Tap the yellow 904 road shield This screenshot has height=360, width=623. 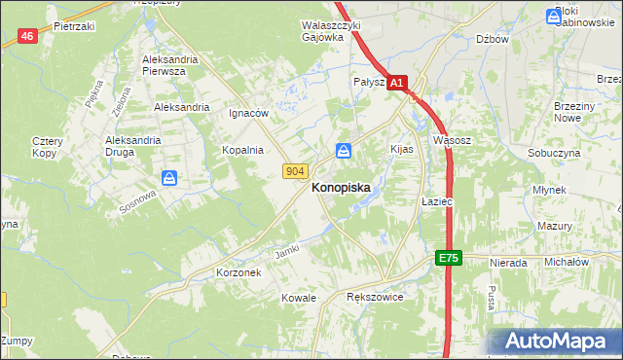(297, 171)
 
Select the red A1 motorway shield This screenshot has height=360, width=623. (396, 85)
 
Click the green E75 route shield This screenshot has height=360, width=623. (447, 258)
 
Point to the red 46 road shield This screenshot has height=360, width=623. (27, 36)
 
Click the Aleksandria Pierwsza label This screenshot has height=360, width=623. (170, 65)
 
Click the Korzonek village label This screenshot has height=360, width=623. (238, 273)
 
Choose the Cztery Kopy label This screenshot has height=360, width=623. (47, 148)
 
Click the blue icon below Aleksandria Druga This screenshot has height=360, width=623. (169, 178)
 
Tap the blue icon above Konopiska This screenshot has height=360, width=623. (344, 151)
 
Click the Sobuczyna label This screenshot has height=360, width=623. (554, 154)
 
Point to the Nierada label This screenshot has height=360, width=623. (509, 263)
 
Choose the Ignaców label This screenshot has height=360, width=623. (248, 113)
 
